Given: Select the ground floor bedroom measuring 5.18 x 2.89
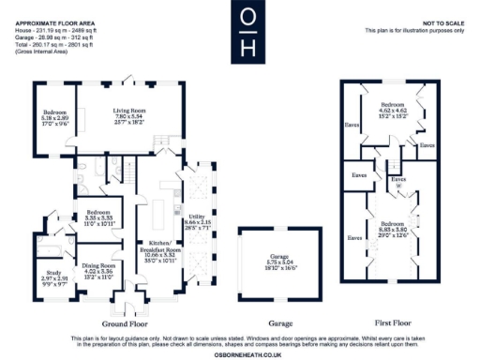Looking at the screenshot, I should (52, 117).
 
